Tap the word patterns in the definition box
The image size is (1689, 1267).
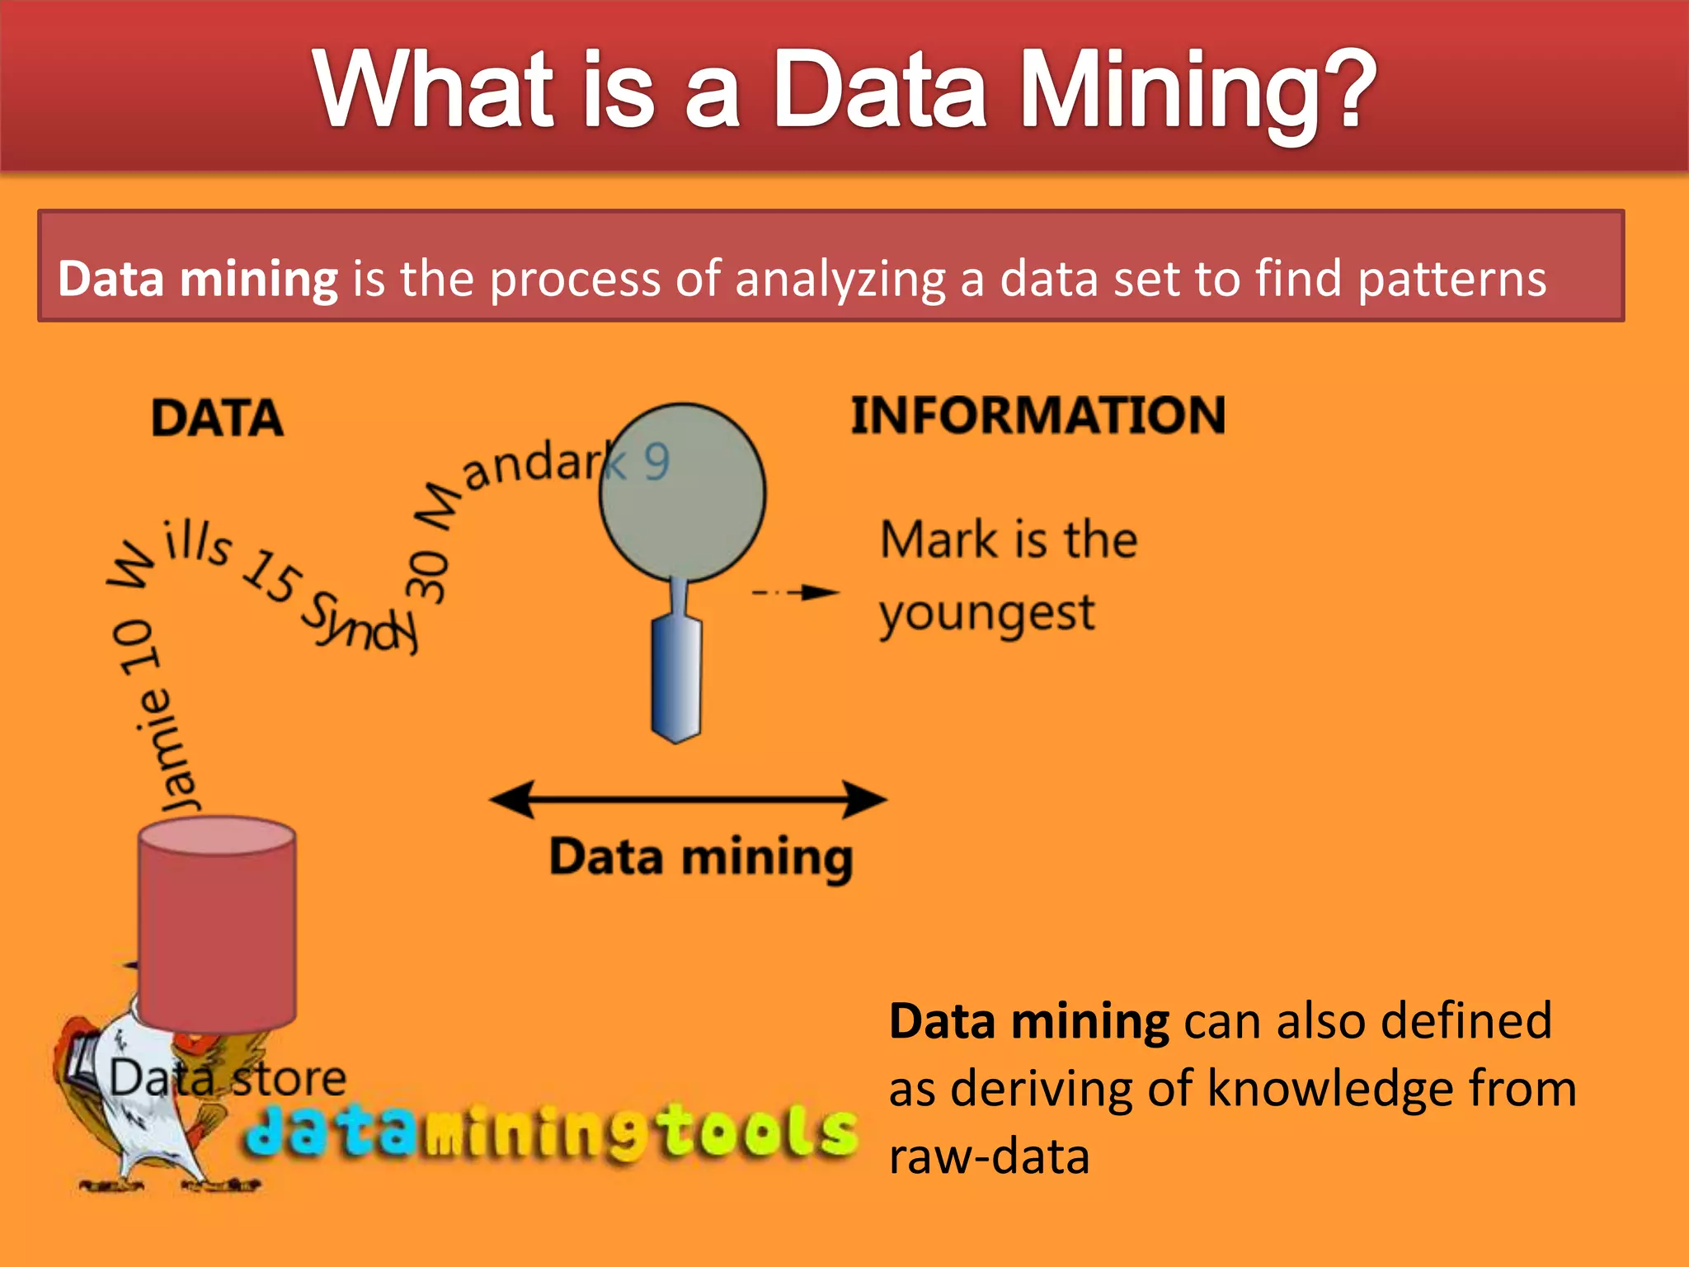(1451, 279)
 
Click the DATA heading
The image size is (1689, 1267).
(217, 417)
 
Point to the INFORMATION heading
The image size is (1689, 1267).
(1037, 414)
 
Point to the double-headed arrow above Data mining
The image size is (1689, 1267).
(688, 799)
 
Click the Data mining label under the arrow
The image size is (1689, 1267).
(701, 858)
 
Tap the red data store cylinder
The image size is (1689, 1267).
(217, 924)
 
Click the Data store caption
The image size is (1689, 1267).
(228, 1078)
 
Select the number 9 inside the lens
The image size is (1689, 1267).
(656, 462)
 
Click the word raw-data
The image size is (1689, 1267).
(989, 1156)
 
